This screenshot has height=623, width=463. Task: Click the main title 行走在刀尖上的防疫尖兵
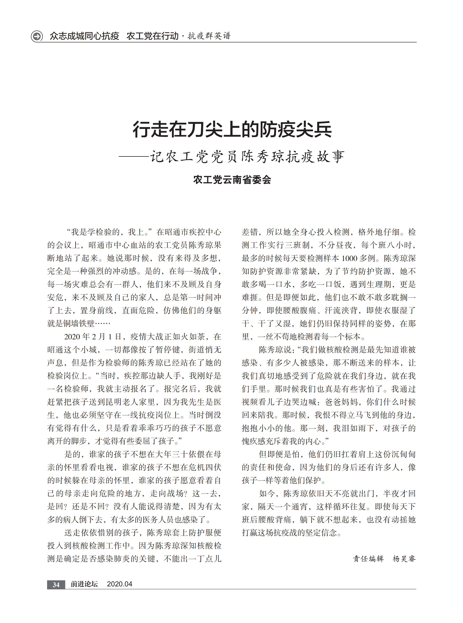click(x=232, y=129)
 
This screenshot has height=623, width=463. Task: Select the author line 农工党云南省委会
click(x=232, y=180)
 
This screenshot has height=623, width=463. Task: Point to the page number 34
click(x=56, y=584)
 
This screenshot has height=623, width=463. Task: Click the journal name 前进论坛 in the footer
click(x=84, y=584)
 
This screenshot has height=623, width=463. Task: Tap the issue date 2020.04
click(x=119, y=584)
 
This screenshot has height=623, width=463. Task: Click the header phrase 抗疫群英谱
click(x=209, y=36)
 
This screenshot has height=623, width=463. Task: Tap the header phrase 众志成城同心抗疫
click(x=84, y=36)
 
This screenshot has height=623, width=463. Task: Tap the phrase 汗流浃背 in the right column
click(x=341, y=310)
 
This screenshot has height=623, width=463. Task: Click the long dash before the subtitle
click(x=134, y=156)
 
